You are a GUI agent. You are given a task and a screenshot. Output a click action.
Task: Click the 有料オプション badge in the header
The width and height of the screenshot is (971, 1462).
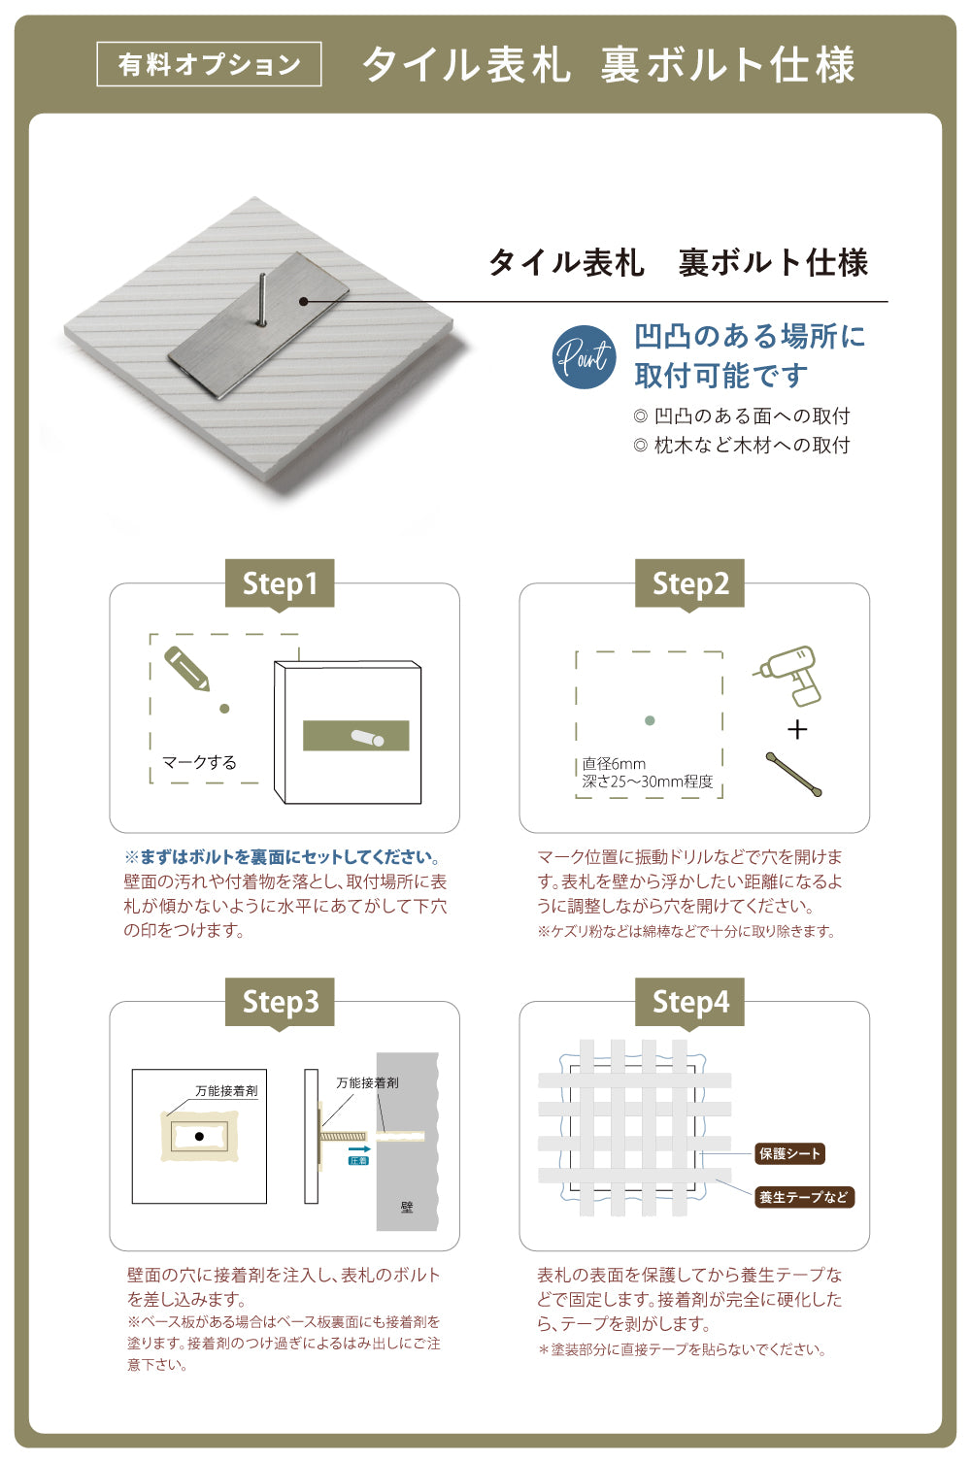209,64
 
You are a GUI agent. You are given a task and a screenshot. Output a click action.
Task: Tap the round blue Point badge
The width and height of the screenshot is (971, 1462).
584,357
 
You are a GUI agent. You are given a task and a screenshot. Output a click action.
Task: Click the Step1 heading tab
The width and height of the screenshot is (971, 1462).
280,583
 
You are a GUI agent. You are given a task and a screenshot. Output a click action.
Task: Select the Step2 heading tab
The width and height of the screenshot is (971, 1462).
689,583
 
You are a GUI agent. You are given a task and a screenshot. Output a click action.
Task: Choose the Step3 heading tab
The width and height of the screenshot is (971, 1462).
280,1002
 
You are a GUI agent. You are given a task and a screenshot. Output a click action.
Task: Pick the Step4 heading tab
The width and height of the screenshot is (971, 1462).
689,1002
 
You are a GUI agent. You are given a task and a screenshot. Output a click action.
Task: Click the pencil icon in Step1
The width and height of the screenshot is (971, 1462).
187,669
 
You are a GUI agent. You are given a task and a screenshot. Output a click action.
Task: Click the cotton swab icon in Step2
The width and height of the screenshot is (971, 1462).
794,774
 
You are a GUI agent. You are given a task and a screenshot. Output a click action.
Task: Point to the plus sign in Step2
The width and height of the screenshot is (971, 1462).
797,729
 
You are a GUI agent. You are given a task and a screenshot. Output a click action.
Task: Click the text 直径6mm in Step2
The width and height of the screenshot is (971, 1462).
614,764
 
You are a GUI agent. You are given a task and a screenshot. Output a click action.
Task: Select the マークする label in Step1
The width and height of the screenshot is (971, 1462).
199,762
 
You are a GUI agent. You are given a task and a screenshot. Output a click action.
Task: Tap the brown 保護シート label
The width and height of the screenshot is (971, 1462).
790,1153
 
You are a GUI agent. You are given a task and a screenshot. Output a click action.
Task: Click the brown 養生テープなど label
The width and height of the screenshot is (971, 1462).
804,1197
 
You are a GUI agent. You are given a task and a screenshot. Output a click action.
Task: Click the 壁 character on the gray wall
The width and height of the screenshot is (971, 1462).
407,1208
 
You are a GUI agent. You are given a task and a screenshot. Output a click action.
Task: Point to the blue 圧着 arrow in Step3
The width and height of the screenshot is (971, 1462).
359,1152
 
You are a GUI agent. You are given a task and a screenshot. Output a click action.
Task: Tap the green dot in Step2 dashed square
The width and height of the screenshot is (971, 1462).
650,720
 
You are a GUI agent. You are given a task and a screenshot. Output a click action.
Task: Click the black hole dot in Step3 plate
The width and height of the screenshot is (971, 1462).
199,1136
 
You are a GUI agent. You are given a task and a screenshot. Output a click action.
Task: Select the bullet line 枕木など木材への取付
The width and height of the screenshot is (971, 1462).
742,445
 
